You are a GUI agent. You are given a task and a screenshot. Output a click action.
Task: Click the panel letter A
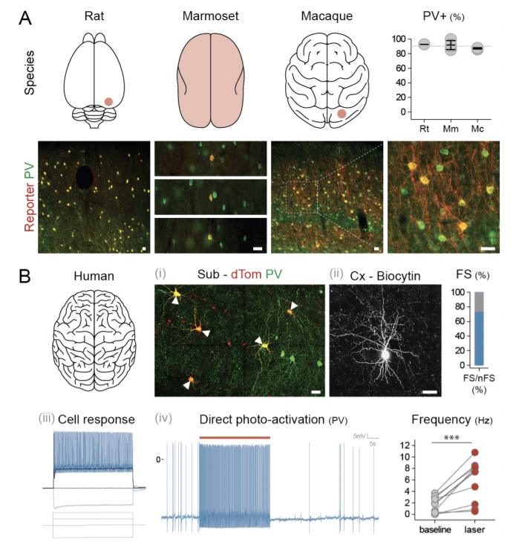(25, 16)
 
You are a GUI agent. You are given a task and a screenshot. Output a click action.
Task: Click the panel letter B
(25, 277)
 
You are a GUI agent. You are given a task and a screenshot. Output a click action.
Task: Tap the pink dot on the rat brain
(108, 101)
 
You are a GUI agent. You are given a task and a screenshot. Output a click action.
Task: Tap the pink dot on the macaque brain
(342, 114)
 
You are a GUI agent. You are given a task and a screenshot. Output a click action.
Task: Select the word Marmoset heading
(211, 16)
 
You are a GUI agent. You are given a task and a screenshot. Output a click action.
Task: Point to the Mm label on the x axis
(450, 129)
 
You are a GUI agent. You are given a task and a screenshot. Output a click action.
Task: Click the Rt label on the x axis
(424, 129)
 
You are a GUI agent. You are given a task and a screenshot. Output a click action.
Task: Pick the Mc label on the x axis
(477, 129)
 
